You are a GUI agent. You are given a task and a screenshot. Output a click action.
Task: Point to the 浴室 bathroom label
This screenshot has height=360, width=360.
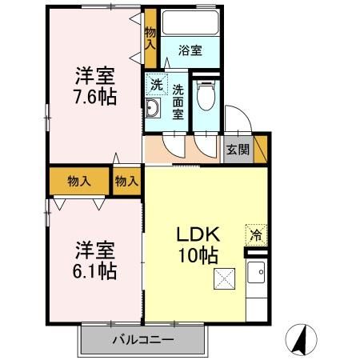point(190,50)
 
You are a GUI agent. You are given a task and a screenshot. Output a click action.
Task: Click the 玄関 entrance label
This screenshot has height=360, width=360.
point(237,149)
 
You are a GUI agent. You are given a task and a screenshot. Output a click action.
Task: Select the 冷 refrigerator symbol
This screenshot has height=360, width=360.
point(255,235)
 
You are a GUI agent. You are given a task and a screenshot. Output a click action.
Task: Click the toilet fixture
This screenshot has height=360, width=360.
point(206,98)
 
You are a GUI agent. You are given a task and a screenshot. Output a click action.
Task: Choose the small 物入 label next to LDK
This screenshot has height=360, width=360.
point(126,181)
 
